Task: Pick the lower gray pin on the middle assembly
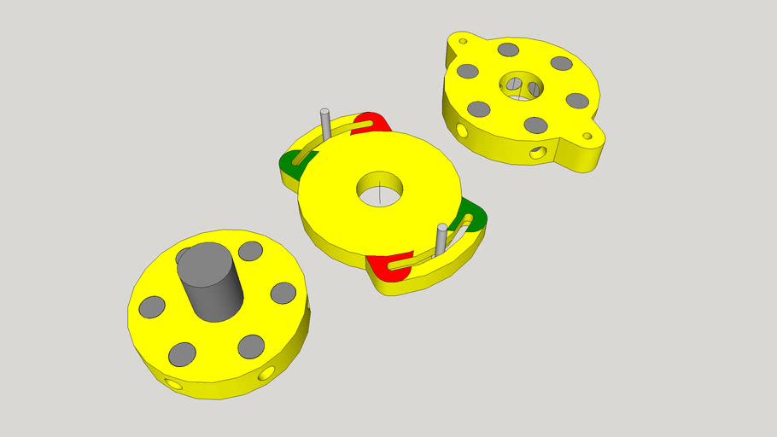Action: [441, 239]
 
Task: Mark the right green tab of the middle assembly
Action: [474, 217]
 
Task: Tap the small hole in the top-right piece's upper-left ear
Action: [464, 40]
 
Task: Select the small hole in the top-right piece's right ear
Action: [587, 136]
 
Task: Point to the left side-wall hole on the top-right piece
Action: [462, 131]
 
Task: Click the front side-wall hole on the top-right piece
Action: [537, 153]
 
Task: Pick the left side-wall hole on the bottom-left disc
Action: [176, 385]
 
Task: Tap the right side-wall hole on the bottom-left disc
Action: [267, 373]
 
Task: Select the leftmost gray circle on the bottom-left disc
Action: [152, 306]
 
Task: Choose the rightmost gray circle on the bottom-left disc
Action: [283, 293]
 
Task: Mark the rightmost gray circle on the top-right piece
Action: [578, 101]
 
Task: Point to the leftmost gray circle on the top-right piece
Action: [467, 71]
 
